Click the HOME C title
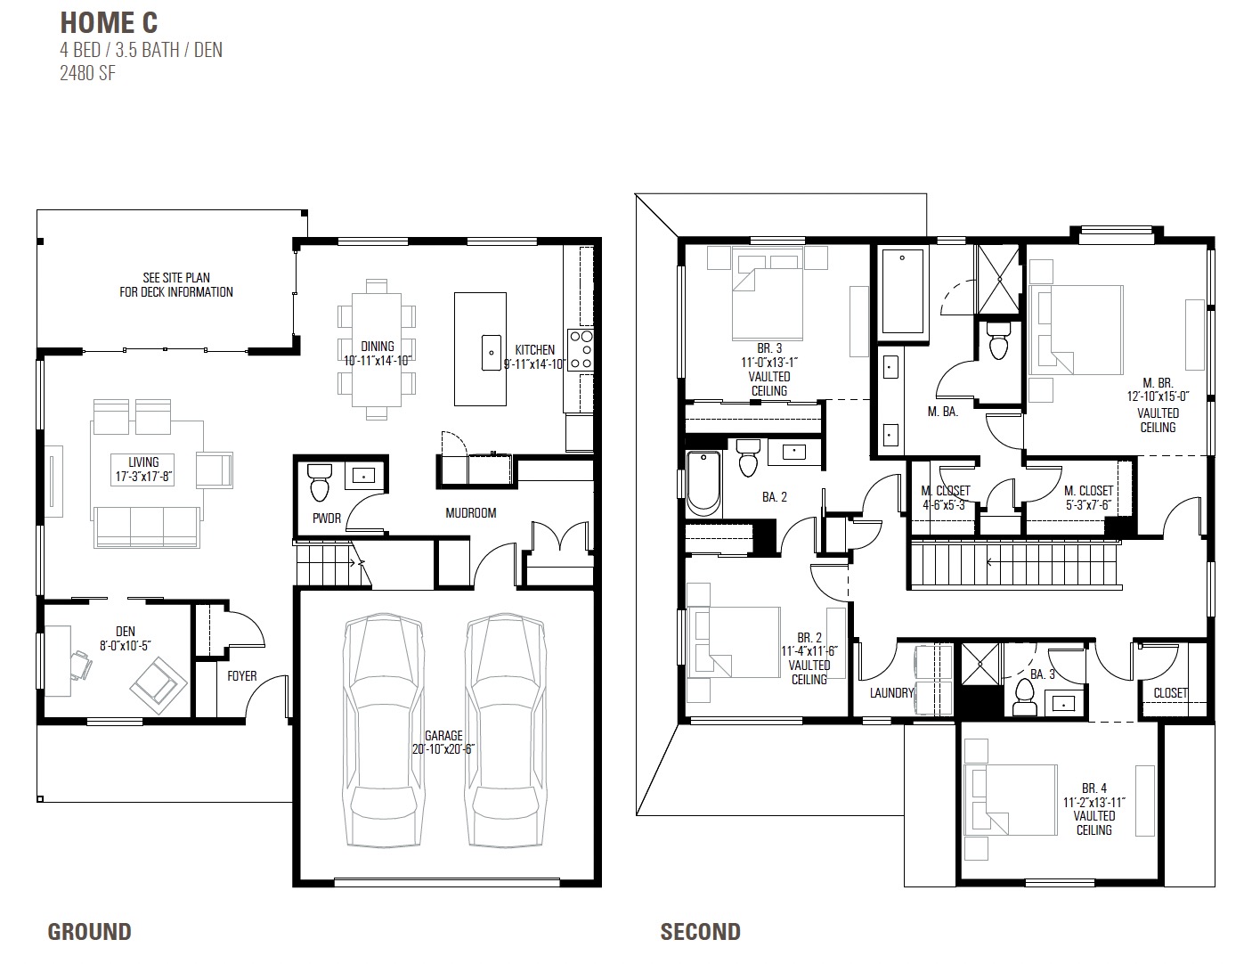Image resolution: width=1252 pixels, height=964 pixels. coord(109,22)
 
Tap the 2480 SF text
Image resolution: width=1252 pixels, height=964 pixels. coord(87,73)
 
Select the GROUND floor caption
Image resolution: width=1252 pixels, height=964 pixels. coord(89,932)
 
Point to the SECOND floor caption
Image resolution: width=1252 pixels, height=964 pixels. coord(700,932)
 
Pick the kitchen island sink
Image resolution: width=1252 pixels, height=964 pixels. coord(491,352)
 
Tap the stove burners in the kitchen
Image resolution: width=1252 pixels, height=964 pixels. coord(581,349)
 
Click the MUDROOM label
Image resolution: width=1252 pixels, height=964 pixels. coord(471,513)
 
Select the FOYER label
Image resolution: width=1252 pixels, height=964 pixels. coord(241,676)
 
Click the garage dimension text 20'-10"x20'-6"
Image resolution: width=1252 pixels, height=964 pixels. coord(443,749)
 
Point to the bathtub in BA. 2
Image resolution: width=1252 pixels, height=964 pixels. coord(703,483)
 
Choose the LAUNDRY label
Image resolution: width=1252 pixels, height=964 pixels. coord(891,693)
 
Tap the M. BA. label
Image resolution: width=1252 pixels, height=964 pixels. coord(942,412)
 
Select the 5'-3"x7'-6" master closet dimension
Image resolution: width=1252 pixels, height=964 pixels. coord(1088,506)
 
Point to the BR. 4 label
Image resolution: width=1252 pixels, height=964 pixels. coord(1094,788)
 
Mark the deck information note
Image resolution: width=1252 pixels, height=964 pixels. coord(176,285)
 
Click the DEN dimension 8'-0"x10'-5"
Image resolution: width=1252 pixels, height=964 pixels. coord(126,645)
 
